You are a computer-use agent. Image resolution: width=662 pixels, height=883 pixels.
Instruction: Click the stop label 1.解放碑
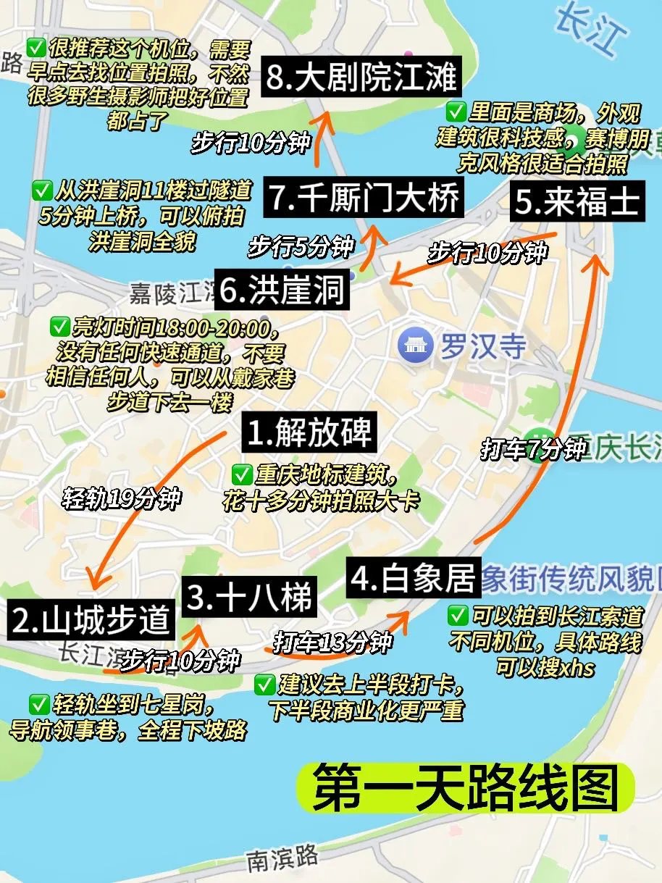[x=310, y=433]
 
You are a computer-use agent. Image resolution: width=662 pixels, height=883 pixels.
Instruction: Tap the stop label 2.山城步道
[x=92, y=620]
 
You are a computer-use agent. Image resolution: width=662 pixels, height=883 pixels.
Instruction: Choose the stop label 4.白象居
[x=413, y=577]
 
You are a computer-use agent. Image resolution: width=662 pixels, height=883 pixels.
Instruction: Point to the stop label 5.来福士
[x=577, y=202]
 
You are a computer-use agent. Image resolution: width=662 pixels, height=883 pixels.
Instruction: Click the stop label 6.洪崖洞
[x=283, y=291]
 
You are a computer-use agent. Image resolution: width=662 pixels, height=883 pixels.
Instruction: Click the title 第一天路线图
[x=464, y=788]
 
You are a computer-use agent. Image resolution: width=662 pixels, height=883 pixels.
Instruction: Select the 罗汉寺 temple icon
[x=416, y=346]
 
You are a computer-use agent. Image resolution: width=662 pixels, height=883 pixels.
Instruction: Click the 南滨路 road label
[x=282, y=859]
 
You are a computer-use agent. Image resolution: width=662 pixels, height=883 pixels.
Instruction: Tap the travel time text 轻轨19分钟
[x=121, y=499]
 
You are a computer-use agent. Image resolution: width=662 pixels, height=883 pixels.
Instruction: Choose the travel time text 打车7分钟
[x=533, y=449]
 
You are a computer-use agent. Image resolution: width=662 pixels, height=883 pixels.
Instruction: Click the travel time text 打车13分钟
[x=332, y=642]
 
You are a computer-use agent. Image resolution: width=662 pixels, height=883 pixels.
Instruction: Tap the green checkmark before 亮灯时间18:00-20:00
[x=59, y=327]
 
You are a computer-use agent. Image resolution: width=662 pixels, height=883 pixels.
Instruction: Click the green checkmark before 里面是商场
[x=456, y=112]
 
